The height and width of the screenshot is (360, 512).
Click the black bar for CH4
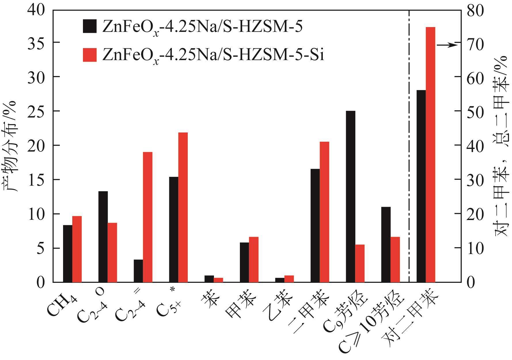click(68, 253)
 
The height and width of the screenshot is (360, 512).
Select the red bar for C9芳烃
click(360, 263)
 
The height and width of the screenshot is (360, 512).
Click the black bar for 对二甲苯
click(421, 186)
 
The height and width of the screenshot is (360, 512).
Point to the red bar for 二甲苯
click(324, 212)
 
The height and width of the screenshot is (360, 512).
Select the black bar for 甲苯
click(244, 262)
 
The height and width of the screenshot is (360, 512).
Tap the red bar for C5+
click(183, 207)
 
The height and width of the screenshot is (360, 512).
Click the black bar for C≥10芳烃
click(386, 245)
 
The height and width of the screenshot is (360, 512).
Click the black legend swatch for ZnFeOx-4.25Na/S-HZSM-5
click(90, 26)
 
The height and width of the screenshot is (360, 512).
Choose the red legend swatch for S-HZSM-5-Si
click(90, 55)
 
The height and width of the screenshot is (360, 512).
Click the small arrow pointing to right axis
click(446, 45)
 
